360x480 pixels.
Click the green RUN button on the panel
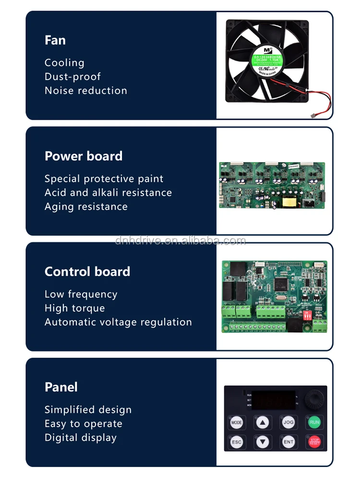coord(314,422)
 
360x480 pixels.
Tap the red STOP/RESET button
coord(314,442)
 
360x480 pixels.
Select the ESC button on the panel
coord(237,442)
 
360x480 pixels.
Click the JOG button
coord(288,422)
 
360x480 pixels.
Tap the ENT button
coord(288,442)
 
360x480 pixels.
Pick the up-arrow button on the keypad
coord(263,422)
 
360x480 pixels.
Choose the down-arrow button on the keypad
coord(263,442)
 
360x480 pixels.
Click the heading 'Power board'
coord(84,156)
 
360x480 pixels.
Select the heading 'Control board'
coord(87,271)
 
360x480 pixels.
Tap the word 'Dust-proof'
coord(72,77)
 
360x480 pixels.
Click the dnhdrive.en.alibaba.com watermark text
coord(180,241)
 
